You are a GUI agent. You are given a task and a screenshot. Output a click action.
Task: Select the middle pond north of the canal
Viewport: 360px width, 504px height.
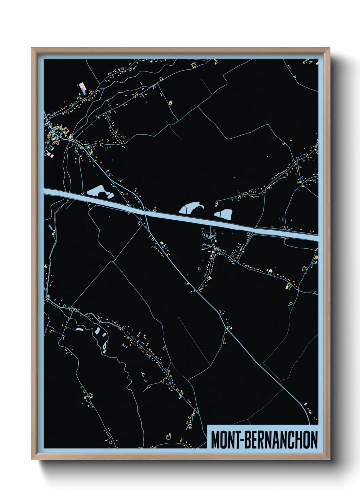coord(191,208)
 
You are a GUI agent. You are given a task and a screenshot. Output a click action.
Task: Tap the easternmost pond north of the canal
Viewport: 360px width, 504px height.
coord(224,214)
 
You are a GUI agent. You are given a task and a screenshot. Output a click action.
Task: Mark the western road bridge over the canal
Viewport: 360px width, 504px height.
coord(146,213)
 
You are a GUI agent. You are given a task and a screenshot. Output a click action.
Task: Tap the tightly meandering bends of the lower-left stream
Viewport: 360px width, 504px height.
coord(127,375)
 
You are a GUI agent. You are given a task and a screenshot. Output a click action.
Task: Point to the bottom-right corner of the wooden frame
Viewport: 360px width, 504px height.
coord(329,459)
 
